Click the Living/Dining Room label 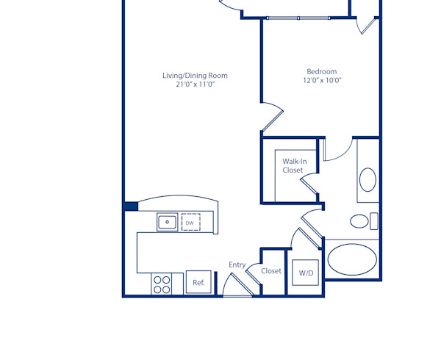195,75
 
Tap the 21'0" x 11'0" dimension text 195,84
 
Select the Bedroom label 321,71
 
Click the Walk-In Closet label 293,165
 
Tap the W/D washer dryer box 305,273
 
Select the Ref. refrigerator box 198,282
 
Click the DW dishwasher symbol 190,222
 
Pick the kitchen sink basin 167,221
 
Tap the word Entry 237,265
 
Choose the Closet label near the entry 271,271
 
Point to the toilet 361,220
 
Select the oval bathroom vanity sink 367,179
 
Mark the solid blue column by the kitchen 131,206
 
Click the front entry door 236,287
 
